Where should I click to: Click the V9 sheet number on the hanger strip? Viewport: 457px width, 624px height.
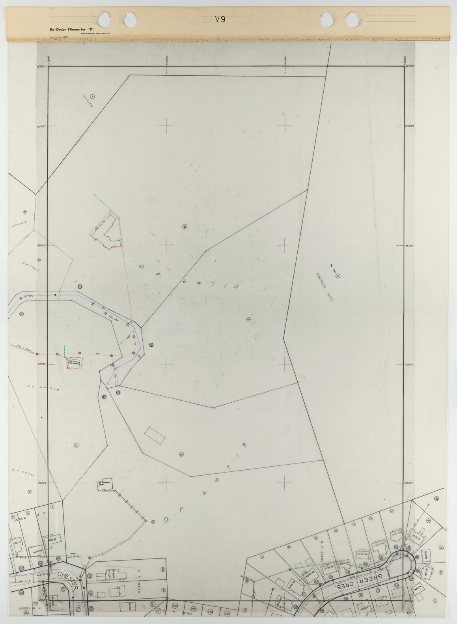pyautogui.click(x=220, y=19)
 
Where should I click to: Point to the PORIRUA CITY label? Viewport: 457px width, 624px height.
pyautogui.click(x=325, y=287)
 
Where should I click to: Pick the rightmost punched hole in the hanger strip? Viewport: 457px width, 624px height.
pyautogui.click(x=353, y=19)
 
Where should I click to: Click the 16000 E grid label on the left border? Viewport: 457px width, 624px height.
pyautogui.click(x=41, y=126)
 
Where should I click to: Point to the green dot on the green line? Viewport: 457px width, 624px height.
pyautogui.click(x=290, y=570)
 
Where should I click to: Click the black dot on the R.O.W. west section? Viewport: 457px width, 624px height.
pyautogui.click(x=55, y=295)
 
